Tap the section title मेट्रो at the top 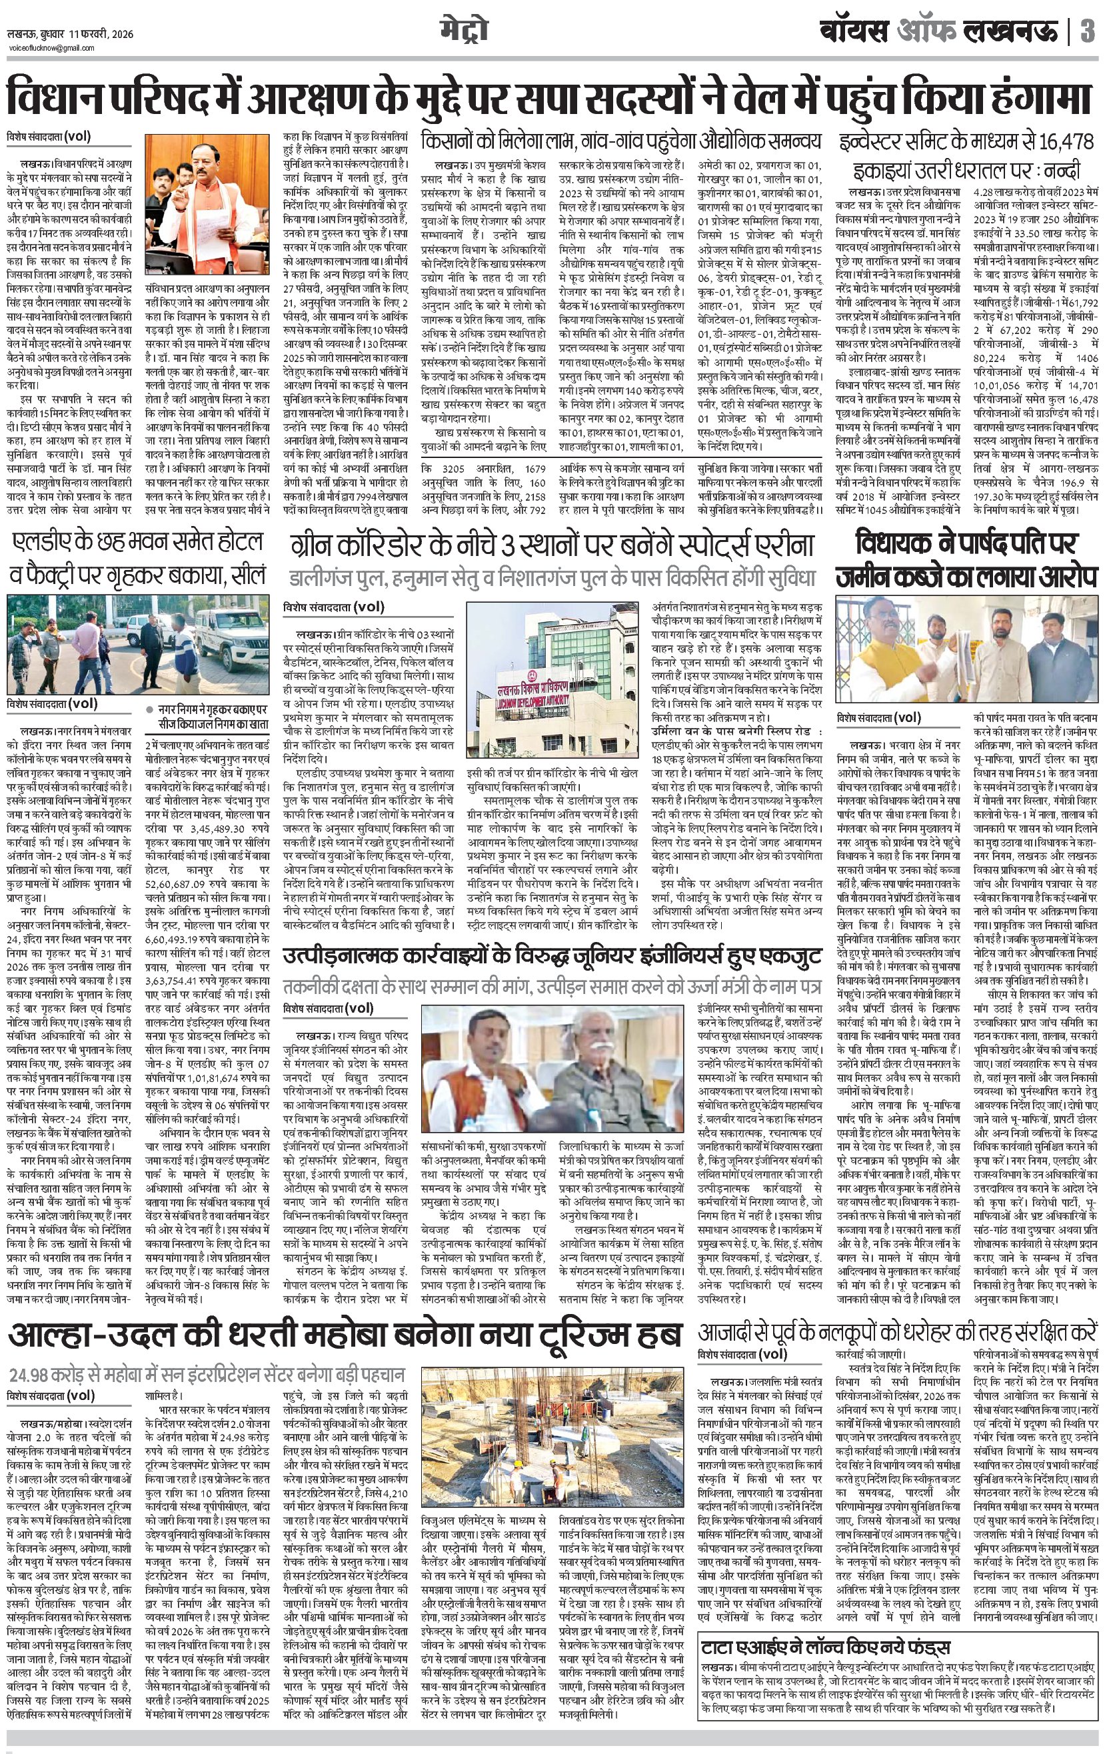pyautogui.click(x=463, y=31)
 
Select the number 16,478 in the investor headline pyautogui.click(x=1058, y=141)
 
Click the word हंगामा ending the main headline pyautogui.click(x=1037, y=97)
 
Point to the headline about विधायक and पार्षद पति pyautogui.click(x=966, y=559)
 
